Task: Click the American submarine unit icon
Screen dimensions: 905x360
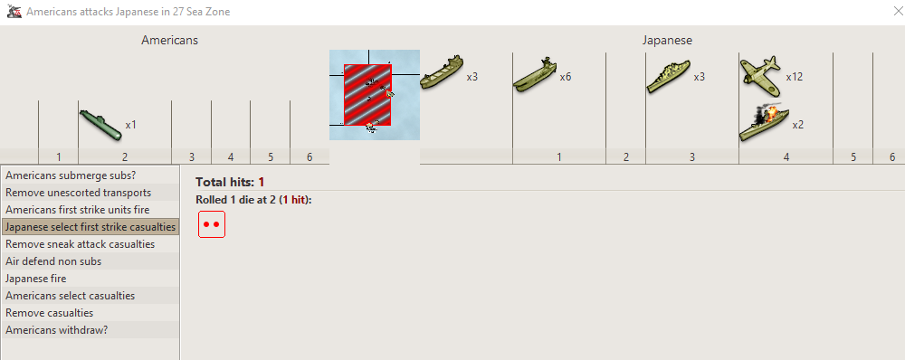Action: tap(100, 125)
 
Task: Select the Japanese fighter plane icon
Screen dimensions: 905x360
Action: tap(759, 72)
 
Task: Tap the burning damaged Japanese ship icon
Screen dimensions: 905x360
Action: tap(764, 122)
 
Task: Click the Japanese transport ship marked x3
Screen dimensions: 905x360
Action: tap(442, 72)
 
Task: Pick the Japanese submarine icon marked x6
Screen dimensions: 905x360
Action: tap(535, 74)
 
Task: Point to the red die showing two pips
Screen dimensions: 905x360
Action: tap(211, 224)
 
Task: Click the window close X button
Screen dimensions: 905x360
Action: tap(898, 11)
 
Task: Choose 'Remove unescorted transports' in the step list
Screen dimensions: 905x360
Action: tap(78, 193)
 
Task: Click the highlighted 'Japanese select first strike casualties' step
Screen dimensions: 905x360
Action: tap(90, 227)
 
